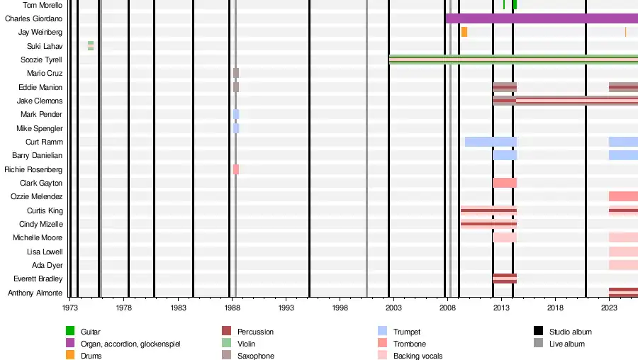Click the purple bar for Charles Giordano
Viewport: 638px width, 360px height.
(x=542, y=18)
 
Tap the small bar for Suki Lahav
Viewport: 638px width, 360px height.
(x=91, y=46)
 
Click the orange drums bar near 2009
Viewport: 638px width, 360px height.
(x=464, y=32)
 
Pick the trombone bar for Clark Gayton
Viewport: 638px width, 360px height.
(x=505, y=183)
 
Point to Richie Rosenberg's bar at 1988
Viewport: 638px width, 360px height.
(x=236, y=169)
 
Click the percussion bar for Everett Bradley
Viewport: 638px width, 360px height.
(x=505, y=279)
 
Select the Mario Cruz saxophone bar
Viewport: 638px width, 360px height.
(x=236, y=73)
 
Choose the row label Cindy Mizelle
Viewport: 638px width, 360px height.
(x=41, y=224)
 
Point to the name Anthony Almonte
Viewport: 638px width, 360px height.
(x=35, y=293)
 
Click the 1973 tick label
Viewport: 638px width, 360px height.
(x=70, y=308)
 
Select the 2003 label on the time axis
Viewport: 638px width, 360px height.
(x=393, y=308)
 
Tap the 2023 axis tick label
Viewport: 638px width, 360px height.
(x=609, y=308)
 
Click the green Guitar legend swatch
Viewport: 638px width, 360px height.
(x=70, y=331)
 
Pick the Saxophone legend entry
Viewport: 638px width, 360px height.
(x=255, y=356)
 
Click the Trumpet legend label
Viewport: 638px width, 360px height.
(x=407, y=332)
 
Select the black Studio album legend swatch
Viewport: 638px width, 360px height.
(x=539, y=331)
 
